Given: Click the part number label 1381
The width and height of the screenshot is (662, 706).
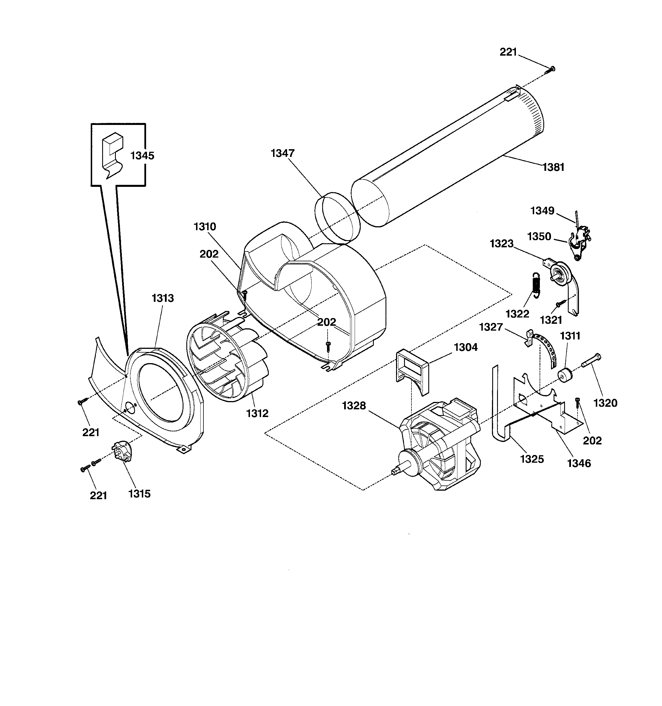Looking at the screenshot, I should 553,167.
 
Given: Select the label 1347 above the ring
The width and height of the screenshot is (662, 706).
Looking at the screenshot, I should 282,153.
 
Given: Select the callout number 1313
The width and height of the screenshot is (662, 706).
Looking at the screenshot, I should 163,298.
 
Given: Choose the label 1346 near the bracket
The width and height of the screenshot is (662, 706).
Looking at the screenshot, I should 579,463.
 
